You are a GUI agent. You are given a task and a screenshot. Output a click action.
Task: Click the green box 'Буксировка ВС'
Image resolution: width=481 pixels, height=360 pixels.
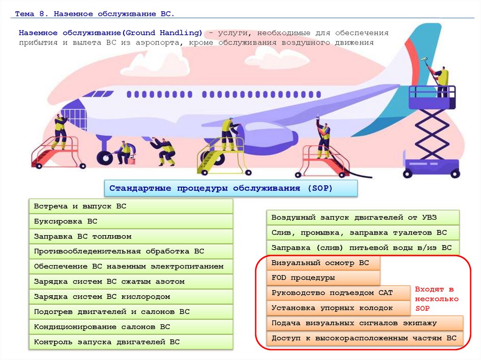point(131,222)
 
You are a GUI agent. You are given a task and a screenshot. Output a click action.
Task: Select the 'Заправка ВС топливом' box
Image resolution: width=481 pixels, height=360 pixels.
point(131,237)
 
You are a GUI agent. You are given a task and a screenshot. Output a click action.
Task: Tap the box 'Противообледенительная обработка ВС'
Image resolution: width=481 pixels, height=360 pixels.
point(131,252)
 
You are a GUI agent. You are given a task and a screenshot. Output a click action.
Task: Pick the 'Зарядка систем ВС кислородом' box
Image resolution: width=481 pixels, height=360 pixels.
point(131,297)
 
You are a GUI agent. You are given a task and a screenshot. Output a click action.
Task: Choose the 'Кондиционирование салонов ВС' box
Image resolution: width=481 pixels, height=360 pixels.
point(131,327)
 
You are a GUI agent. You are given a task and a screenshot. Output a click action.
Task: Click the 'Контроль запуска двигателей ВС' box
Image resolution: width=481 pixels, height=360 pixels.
point(131,342)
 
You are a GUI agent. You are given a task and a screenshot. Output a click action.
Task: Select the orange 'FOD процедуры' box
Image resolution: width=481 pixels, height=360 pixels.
point(323,278)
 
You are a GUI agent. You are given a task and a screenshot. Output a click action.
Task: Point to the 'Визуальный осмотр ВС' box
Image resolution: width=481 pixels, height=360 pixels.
point(323,263)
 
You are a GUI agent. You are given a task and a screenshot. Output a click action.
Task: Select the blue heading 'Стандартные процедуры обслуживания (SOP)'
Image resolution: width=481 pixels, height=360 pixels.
point(231,188)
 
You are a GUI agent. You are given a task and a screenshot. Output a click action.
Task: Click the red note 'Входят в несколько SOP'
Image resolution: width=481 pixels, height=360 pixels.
point(436,299)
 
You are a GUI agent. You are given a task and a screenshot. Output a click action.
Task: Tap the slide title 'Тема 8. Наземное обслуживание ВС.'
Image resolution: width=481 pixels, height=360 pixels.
point(94,14)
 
